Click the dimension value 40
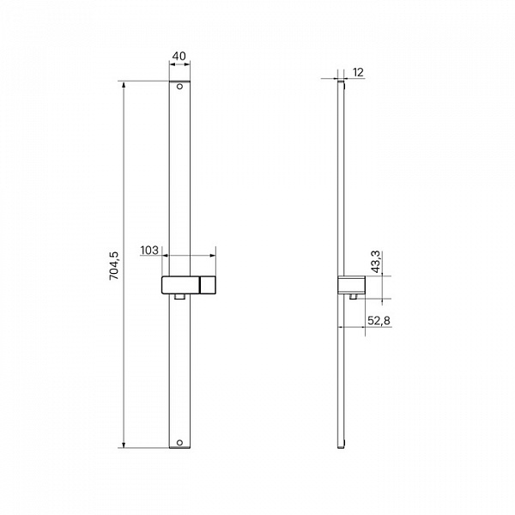(179, 57)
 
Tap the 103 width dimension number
(148, 251)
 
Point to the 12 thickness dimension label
(358, 73)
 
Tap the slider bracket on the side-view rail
(352, 285)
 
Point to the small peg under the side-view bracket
(354, 298)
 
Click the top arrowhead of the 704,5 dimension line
(125, 84)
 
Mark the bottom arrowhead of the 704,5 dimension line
(125, 445)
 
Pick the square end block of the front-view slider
(207, 285)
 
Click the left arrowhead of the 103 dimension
(164, 256)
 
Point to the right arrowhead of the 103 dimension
(214, 256)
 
